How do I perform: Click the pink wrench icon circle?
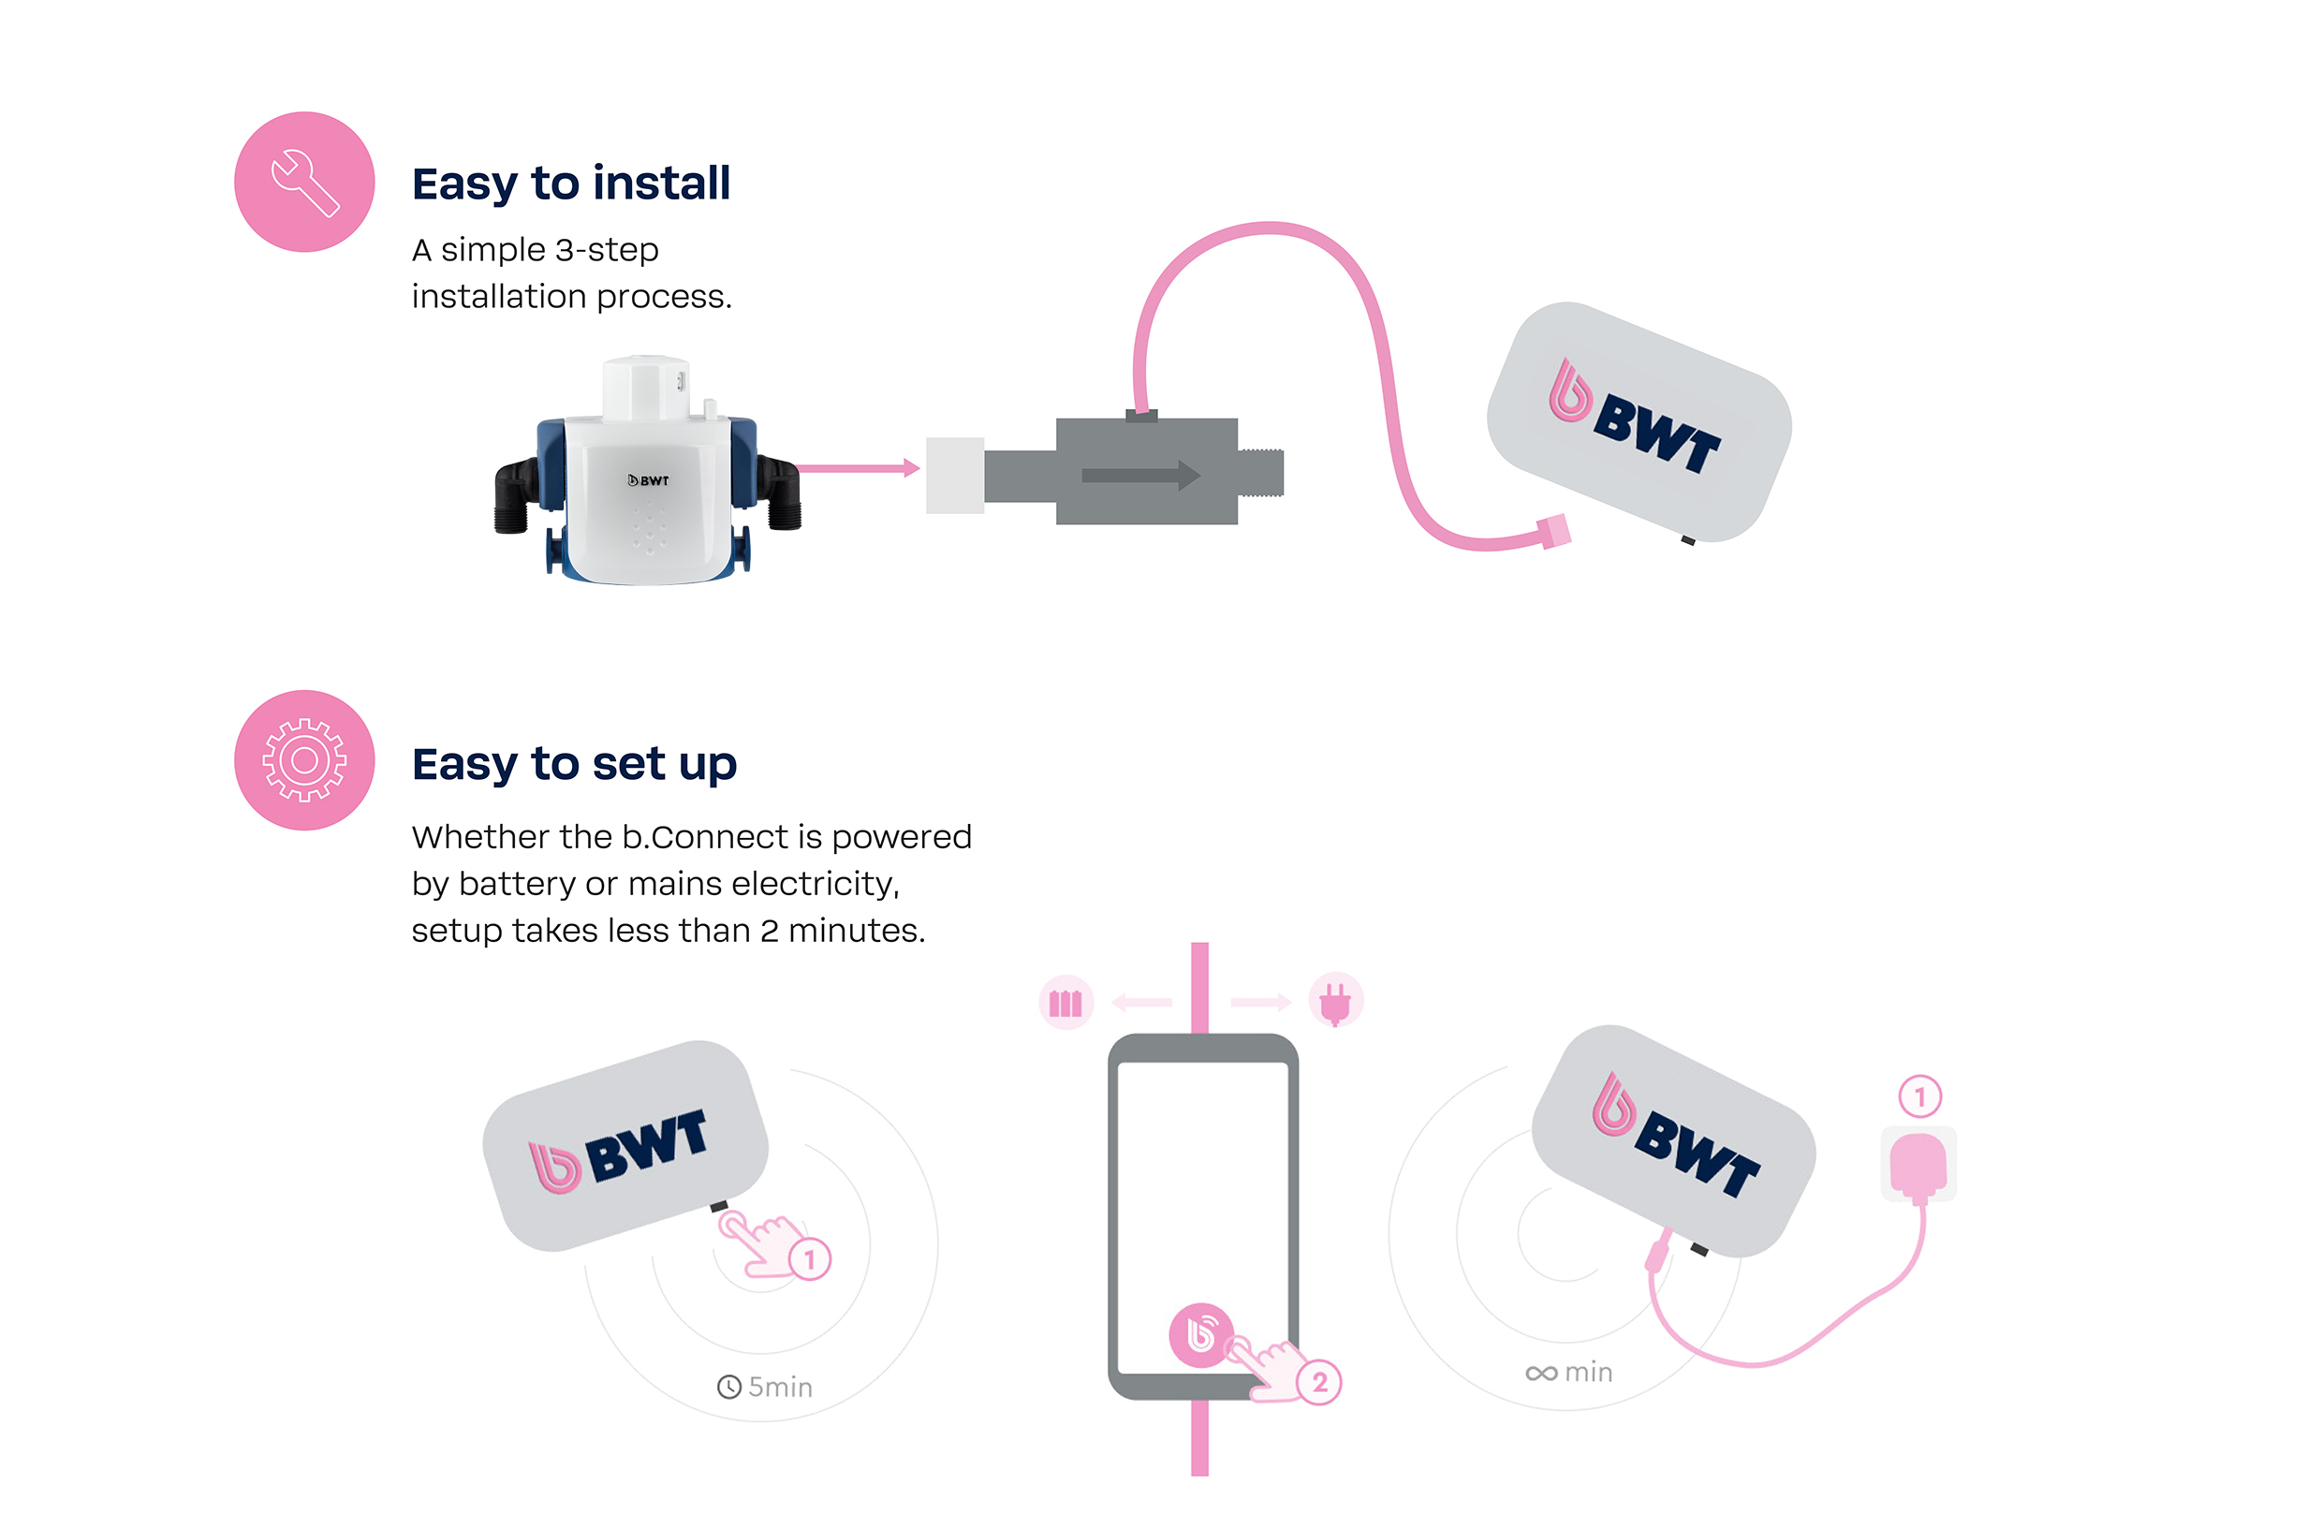pyautogui.click(x=304, y=182)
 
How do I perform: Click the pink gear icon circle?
pyautogui.click(x=304, y=760)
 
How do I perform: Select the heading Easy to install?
pyautogui.click(x=571, y=184)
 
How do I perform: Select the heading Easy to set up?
pyautogui.click(x=574, y=763)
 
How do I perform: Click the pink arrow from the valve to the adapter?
pyautogui.click(x=859, y=468)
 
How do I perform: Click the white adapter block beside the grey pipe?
pyautogui.click(x=954, y=476)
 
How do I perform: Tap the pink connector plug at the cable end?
pyautogui.click(x=1555, y=532)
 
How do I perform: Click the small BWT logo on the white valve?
pyautogui.click(x=648, y=480)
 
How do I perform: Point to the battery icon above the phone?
pyautogui.click(x=1065, y=1002)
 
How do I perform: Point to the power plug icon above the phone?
pyautogui.click(x=1334, y=1001)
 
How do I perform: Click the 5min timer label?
pyautogui.click(x=766, y=1387)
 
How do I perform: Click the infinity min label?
pyautogui.click(x=1569, y=1373)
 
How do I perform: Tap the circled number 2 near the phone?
pyautogui.click(x=1320, y=1383)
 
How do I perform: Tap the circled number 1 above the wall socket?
pyautogui.click(x=1919, y=1096)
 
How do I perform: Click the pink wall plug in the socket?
pyautogui.click(x=1918, y=1165)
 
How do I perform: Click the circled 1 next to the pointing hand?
pyautogui.click(x=809, y=1259)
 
